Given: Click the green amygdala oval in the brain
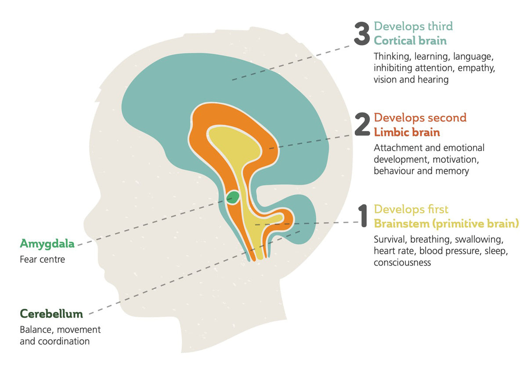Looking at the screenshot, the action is click(x=233, y=197).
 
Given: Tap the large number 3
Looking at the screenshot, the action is click(x=362, y=34).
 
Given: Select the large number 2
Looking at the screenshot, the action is click(x=362, y=124).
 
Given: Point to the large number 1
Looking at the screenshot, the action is click(x=363, y=216).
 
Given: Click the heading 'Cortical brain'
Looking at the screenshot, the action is click(x=410, y=41).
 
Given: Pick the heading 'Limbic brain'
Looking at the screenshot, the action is click(x=407, y=132).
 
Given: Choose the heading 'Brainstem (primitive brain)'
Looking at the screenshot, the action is click(x=446, y=224).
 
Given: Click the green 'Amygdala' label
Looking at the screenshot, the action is click(x=47, y=244).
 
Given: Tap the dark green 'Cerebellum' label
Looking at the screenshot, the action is click(x=51, y=314).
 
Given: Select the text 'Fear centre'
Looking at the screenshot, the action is click(x=42, y=259).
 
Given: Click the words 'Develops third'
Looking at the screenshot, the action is click(x=413, y=26).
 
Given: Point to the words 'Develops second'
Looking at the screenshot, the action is click(x=420, y=118).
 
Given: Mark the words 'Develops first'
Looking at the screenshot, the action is click(x=411, y=209).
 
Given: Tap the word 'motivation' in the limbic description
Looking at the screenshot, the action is click(x=456, y=159).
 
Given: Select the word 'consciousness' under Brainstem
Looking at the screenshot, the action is click(x=402, y=263).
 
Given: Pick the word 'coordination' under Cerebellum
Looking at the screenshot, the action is click(x=64, y=341).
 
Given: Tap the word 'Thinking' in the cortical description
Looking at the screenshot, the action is click(x=393, y=57).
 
